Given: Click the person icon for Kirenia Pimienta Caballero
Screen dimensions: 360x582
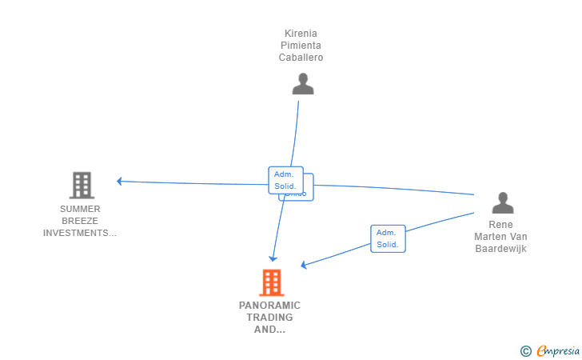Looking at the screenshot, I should (302, 83).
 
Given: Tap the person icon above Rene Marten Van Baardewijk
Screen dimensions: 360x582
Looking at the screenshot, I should (502, 203).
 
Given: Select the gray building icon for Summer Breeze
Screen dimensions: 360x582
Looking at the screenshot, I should (81, 185).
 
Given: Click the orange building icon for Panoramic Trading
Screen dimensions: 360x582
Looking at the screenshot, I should (271, 282).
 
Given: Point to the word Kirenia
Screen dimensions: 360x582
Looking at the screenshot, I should (301, 34).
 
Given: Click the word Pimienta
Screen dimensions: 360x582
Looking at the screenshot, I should (301, 46).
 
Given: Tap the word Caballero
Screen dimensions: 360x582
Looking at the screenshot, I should (301, 58).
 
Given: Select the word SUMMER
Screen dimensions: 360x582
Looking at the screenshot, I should (80, 209).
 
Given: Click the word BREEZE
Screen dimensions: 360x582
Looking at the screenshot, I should (80, 221).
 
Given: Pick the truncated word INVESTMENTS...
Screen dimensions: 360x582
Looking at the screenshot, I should (80, 233).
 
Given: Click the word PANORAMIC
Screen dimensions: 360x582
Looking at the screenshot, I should (269, 305).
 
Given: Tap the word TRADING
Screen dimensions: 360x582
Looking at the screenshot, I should (269, 317).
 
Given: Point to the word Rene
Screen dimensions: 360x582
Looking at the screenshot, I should (500, 225).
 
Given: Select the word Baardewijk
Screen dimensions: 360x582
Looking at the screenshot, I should (500, 249).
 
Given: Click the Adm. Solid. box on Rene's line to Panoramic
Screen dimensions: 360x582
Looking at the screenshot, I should (388, 238).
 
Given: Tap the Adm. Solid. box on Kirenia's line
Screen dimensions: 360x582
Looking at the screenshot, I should (285, 179).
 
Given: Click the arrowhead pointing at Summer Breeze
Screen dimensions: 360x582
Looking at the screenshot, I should (119, 182).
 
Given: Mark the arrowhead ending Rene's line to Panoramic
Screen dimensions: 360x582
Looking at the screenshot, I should (304, 266).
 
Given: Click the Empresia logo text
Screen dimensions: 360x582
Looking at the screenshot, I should (558, 350).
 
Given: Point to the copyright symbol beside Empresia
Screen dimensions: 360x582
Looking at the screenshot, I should (525, 350).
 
